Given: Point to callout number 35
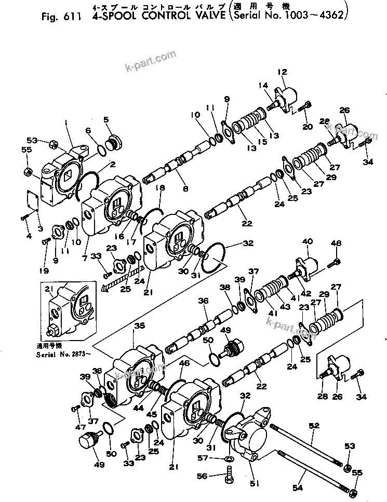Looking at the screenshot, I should [x=140, y=327].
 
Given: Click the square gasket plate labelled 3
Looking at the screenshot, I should [x=33, y=202].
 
